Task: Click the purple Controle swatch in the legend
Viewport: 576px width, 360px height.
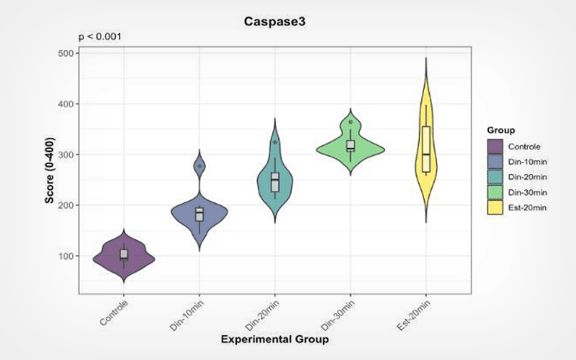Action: [x=495, y=145]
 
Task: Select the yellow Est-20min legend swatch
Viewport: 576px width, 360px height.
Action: [x=495, y=207]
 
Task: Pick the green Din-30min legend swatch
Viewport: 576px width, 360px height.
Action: [x=495, y=192]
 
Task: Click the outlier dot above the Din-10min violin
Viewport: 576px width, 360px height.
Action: [x=199, y=166]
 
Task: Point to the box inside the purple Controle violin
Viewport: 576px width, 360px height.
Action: [x=124, y=254]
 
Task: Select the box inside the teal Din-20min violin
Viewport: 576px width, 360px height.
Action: [x=275, y=182]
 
